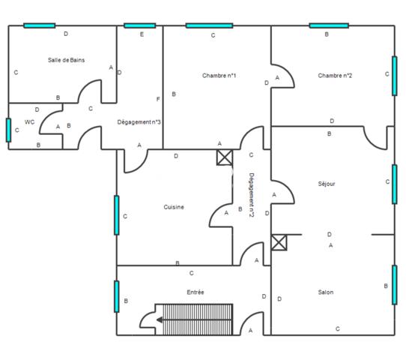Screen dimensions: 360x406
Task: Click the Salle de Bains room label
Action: point(66,60)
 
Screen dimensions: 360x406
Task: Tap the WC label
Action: point(29,121)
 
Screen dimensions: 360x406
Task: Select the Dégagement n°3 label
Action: point(139,121)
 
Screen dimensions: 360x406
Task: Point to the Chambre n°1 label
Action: point(219,76)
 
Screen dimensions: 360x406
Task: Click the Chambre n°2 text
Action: point(335,76)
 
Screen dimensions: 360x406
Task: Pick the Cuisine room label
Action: point(174,207)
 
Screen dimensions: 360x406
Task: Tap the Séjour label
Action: point(327,184)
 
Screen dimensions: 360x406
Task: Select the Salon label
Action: point(325,292)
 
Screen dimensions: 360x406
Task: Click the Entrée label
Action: point(196,292)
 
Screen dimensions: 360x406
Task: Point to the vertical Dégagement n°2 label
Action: point(252,196)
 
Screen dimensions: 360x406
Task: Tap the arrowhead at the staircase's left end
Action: point(160,319)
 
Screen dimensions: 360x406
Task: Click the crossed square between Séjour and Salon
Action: point(279,242)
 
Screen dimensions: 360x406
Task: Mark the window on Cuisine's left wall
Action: point(116,215)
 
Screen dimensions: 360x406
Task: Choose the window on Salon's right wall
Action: point(395,285)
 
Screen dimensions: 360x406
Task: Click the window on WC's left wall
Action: point(8,130)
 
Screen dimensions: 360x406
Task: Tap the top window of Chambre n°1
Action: point(209,25)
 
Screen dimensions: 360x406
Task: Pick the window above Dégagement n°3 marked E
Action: point(139,25)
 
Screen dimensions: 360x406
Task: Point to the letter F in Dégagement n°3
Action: point(158,99)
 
